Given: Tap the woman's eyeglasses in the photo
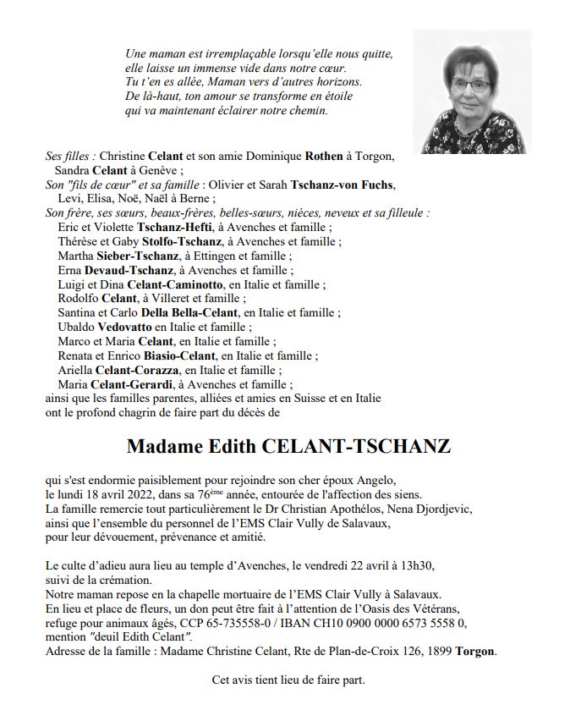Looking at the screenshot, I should (x=468, y=86).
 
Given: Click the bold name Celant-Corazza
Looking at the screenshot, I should (x=139, y=370).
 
